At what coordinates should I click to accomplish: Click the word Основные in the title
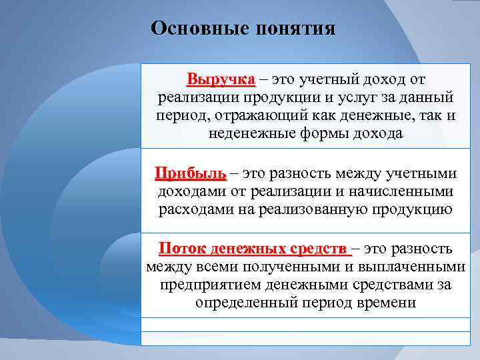194,29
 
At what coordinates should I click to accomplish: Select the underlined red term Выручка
221,80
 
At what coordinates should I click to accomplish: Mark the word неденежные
247,134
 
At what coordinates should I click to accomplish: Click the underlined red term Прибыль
191,174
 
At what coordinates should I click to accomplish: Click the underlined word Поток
181,249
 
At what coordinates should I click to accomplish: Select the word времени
388,303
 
